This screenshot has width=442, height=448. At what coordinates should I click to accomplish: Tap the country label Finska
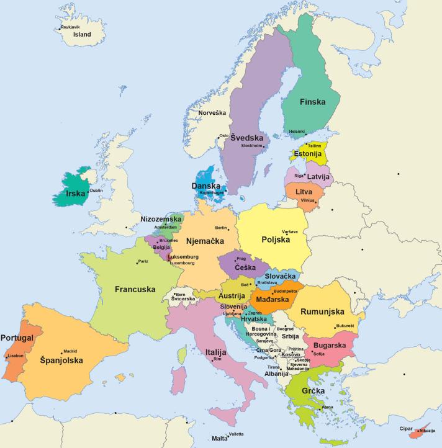point(312,102)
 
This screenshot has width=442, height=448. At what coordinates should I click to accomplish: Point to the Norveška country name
point(212,113)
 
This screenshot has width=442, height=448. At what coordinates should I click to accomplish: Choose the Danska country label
point(206,186)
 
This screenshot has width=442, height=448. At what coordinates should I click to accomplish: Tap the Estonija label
point(307,153)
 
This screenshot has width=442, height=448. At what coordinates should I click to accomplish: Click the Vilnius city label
point(308,200)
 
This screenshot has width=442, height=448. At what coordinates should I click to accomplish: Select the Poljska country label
point(276,240)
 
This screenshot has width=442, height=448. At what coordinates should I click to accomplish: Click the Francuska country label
point(135,289)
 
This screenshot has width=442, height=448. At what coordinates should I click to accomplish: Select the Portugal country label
point(17,338)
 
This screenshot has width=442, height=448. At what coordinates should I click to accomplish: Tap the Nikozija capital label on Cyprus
point(426,431)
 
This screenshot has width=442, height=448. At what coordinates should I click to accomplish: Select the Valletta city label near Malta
point(236,434)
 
